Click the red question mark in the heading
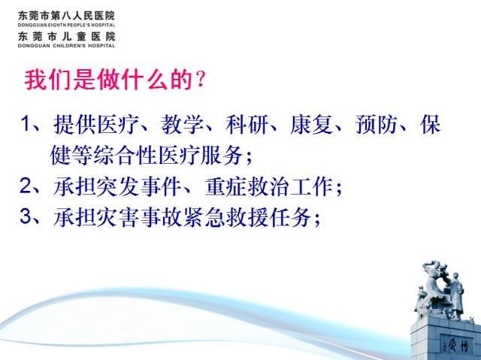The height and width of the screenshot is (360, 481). click(201, 80)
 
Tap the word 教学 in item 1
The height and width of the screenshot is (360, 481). click(182, 125)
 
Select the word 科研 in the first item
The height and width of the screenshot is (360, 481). click(247, 125)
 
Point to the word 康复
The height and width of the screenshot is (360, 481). click(312, 125)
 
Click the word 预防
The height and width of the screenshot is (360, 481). click(377, 125)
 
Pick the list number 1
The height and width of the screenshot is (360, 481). click(26, 123)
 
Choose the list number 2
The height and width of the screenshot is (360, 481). click(26, 186)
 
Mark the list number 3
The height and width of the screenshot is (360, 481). click(26, 216)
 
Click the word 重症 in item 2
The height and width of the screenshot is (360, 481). click(226, 186)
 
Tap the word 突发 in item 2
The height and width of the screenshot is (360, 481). click(117, 186)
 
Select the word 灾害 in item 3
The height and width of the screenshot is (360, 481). click(117, 217)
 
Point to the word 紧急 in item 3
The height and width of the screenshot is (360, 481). click(204, 217)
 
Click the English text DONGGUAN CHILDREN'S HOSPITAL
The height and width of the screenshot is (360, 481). click(67, 46)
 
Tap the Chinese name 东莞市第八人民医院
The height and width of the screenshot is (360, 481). click(67, 16)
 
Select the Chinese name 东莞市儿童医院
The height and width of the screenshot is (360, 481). click(67, 37)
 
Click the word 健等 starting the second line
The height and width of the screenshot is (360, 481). click(71, 155)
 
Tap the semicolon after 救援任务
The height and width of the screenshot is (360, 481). click(317, 219)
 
